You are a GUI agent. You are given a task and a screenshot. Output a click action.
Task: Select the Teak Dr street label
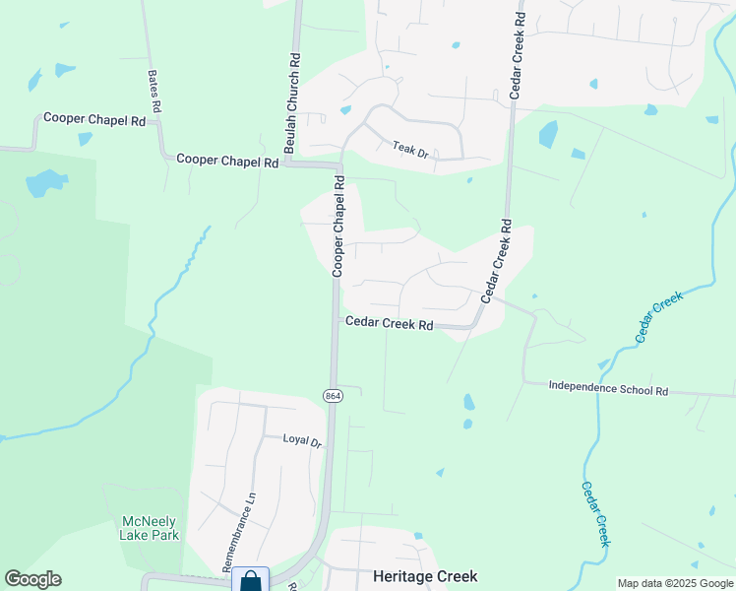pyautogui.click(x=411, y=150)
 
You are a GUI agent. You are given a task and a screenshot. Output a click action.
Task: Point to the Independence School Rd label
pyautogui.click(x=608, y=389)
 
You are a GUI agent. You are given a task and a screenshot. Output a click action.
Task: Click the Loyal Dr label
pyautogui.click(x=302, y=441)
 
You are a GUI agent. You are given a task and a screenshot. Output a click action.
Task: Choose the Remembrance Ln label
pyautogui.click(x=239, y=532)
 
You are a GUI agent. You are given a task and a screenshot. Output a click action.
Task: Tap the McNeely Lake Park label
pyautogui.click(x=150, y=528)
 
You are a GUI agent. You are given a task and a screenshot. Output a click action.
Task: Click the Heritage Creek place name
pyautogui.click(x=425, y=576)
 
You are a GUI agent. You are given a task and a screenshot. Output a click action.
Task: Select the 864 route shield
pyautogui.click(x=333, y=395)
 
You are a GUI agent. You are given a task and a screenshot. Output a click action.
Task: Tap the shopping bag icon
pyautogui.click(x=251, y=580)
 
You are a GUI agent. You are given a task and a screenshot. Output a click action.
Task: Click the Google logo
pyautogui.click(x=32, y=579)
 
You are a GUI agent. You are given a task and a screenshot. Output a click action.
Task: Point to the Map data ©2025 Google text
pyautogui.click(x=675, y=583)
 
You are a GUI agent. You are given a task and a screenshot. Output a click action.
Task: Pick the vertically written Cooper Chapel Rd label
pyautogui.click(x=338, y=226)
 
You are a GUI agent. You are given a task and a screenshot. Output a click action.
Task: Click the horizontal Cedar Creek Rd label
pyautogui.click(x=389, y=323)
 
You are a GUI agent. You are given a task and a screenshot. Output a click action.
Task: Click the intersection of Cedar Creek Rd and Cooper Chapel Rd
pyautogui.click(x=335, y=318)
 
